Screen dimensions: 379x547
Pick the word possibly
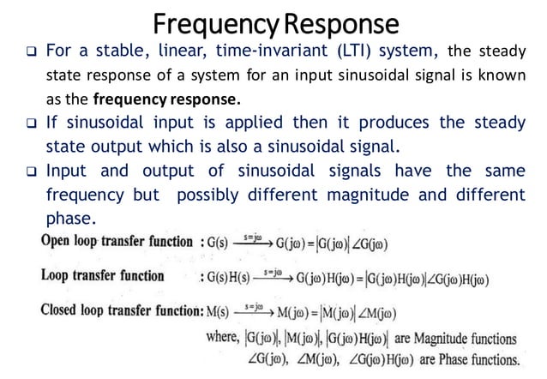(208, 195)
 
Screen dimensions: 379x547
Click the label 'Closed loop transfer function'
(118, 310)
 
